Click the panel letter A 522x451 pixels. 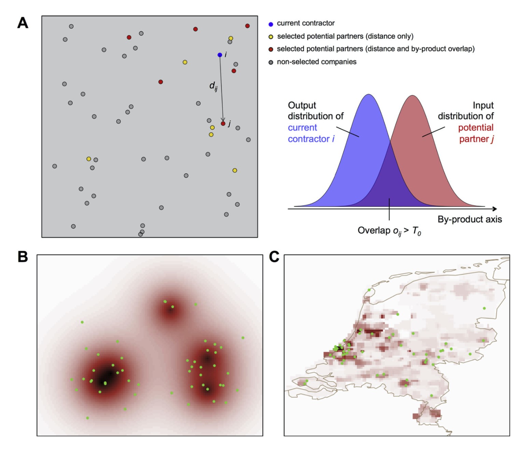coord(23,23)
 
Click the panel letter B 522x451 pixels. coord(23,257)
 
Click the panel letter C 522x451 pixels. coord(274,257)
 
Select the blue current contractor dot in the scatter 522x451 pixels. coord(220,55)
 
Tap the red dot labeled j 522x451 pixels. coord(223,124)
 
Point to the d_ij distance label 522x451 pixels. coord(213,86)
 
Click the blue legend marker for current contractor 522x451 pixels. coord(271,24)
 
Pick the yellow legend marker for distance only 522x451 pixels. coord(271,37)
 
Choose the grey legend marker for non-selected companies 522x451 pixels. coord(271,63)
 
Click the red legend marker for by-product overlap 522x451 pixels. coord(271,50)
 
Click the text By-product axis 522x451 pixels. coord(470,219)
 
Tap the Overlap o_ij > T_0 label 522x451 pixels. coord(389,231)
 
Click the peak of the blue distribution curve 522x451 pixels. coord(369,94)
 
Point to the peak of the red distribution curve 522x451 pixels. coord(412,96)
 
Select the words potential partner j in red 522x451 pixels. coord(476,133)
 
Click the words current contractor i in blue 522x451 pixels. coord(311,133)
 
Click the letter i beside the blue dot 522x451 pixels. coord(226,54)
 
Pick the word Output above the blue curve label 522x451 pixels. coord(302,106)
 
